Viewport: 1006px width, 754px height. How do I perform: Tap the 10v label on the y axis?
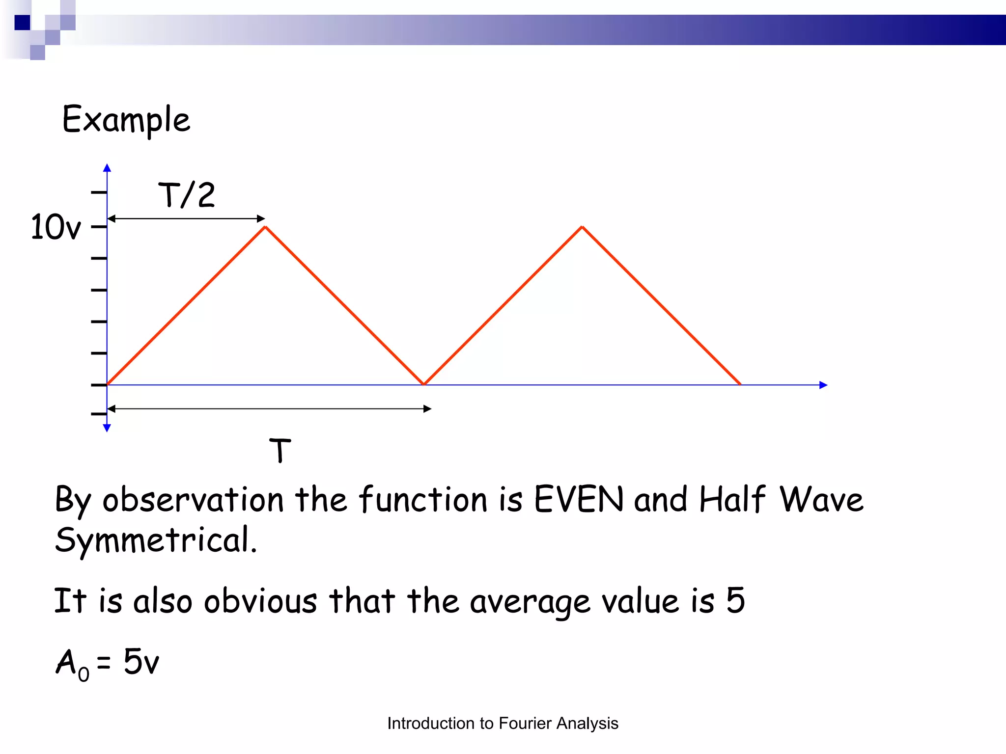(55, 227)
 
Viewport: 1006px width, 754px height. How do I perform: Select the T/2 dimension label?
(187, 195)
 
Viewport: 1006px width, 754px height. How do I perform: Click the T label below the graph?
(280, 451)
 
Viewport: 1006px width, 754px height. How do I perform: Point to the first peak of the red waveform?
(265, 227)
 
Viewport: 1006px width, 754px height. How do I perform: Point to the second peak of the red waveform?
(582, 227)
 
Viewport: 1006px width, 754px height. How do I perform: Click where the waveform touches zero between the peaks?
(424, 384)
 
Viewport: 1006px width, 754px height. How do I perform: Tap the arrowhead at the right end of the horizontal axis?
(824, 385)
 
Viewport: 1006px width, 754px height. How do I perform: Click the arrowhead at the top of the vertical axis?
(107, 168)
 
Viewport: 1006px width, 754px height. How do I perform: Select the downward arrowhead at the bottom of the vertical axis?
(107, 428)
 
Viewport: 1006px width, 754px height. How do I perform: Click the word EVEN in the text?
(578, 500)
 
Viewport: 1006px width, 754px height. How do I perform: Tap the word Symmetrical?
(156, 540)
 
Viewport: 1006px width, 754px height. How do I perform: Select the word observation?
(193, 500)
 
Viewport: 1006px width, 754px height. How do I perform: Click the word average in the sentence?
(530, 602)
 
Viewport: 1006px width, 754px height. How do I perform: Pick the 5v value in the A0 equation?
(141, 662)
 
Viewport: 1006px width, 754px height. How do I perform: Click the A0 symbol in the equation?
(72, 664)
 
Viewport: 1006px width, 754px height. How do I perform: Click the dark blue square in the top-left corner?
(23, 23)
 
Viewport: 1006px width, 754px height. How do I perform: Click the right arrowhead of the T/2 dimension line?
(261, 218)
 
